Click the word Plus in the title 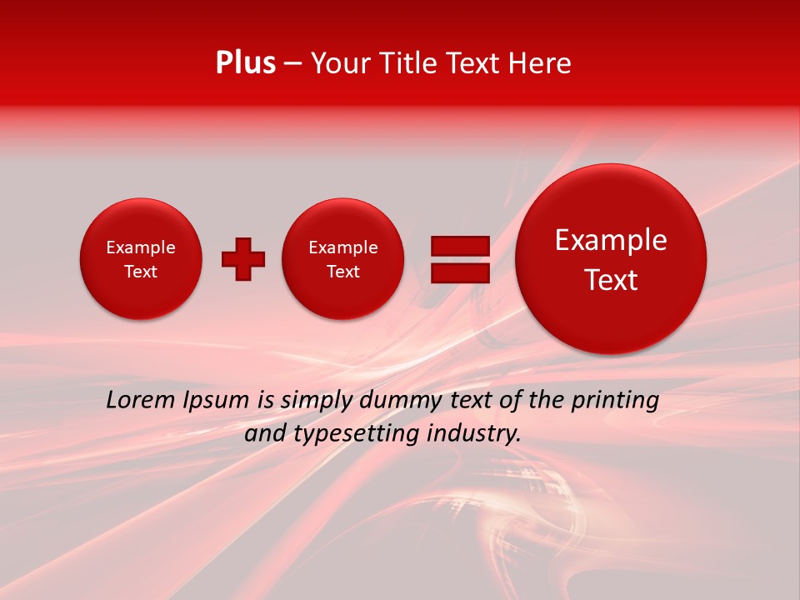[245, 63]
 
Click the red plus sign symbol [243, 259]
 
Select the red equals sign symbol [460, 259]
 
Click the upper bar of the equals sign [460, 246]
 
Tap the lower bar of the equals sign [460, 273]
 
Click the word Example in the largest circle [611, 240]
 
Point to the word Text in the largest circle [611, 280]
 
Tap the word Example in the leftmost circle [141, 247]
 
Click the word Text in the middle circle [342, 272]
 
